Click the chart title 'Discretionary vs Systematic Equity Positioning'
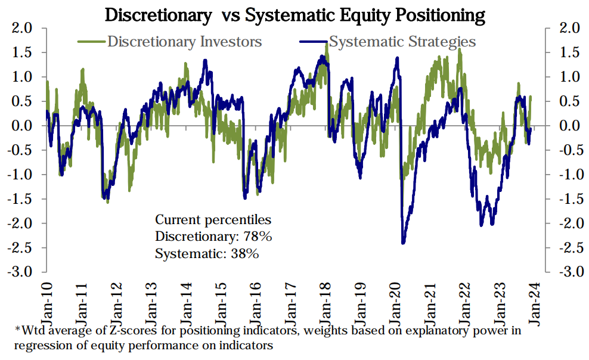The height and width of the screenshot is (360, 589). pyautogui.click(x=294, y=14)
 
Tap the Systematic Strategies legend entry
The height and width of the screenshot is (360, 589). pyautogui.click(x=402, y=42)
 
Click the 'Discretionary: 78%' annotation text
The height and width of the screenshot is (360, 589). pyautogui.click(x=213, y=236)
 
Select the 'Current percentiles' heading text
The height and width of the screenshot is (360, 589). pyautogui.click(x=213, y=219)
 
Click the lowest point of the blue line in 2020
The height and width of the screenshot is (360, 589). pyautogui.click(x=404, y=243)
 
